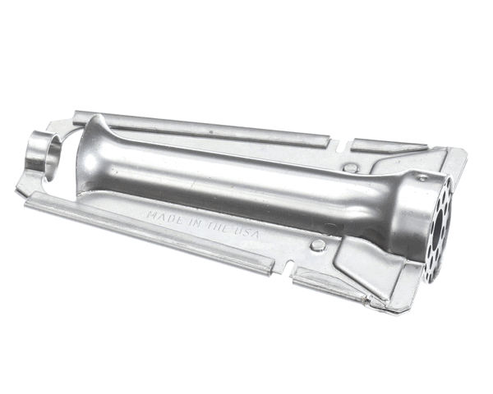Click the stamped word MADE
[164, 218]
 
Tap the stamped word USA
[247, 234]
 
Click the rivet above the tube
[351, 167]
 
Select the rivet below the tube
[318, 245]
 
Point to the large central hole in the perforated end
[441, 220]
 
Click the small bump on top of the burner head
[422, 177]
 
